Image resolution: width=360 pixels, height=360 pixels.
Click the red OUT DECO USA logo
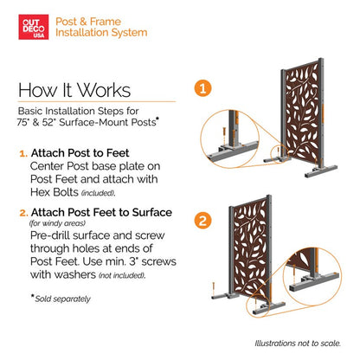[34, 27]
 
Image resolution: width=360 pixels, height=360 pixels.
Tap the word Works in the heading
[104, 90]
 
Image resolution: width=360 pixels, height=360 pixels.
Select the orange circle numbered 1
[202, 88]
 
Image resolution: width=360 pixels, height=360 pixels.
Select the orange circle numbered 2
[202, 221]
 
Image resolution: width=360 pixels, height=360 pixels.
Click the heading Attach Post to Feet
[80, 153]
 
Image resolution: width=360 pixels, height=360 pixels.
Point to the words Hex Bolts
[55, 192]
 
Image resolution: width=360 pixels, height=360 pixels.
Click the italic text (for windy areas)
[57, 223]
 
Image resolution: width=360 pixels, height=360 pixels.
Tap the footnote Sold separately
[62, 299]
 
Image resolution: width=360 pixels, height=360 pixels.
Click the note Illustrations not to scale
[298, 344]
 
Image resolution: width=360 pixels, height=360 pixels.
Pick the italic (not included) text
[122, 275]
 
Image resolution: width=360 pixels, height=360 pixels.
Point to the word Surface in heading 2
[152, 213]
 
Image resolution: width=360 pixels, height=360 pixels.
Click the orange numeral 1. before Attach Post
[23, 153]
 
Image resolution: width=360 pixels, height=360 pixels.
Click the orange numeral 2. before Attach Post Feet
[23, 213]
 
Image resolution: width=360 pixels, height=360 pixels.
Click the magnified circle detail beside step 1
[229, 138]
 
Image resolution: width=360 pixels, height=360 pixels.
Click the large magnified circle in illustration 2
[312, 276]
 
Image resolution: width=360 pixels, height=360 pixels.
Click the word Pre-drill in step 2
[50, 235]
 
